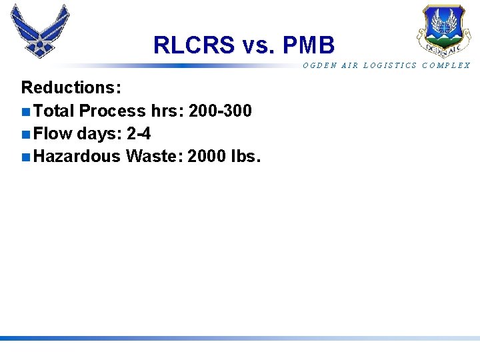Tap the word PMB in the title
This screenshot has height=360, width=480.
point(309,45)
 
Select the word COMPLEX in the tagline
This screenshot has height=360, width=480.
point(446,65)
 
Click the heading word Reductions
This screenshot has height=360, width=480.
point(71,88)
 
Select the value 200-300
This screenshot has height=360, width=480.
point(220,111)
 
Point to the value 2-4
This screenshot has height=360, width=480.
point(139,134)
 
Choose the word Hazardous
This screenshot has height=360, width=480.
point(77,157)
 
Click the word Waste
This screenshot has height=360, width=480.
point(153,157)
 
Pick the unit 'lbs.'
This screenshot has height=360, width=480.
point(245,157)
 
